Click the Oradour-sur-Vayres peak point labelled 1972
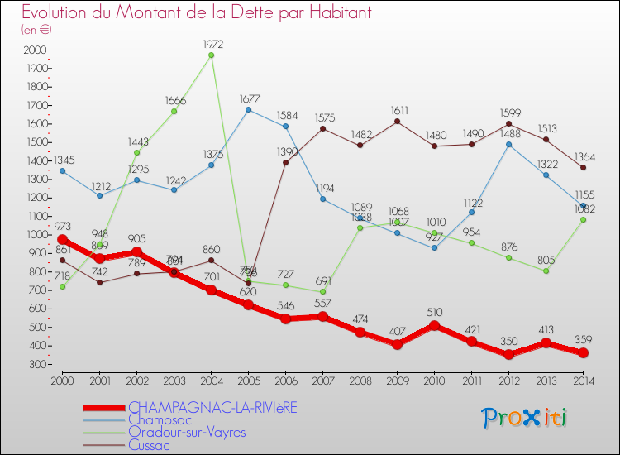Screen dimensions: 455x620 click(x=212, y=55)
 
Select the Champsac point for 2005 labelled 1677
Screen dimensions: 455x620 click(x=249, y=109)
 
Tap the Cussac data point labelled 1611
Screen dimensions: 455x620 click(x=398, y=122)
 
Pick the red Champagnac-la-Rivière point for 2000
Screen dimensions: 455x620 click(x=63, y=239)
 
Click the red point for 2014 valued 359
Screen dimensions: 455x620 click(x=584, y=353)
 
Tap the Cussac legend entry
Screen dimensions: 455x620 click(x=149, y=445)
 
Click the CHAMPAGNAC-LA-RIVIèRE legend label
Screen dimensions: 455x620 click(x=212, y=407)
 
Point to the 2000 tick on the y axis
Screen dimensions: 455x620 click(x=36, y=50)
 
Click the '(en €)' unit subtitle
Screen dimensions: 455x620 click(x=36, y=30)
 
